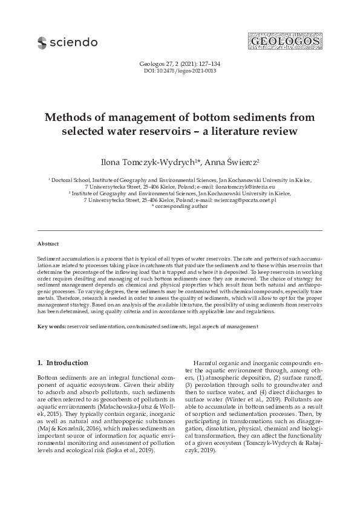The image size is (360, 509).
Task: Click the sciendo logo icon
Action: tap(42, 42)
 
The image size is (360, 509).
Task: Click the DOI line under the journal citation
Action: tap(180, 71)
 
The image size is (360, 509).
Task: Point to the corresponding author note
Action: tap(180, 206)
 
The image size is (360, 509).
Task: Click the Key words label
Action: tap(51, 326)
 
